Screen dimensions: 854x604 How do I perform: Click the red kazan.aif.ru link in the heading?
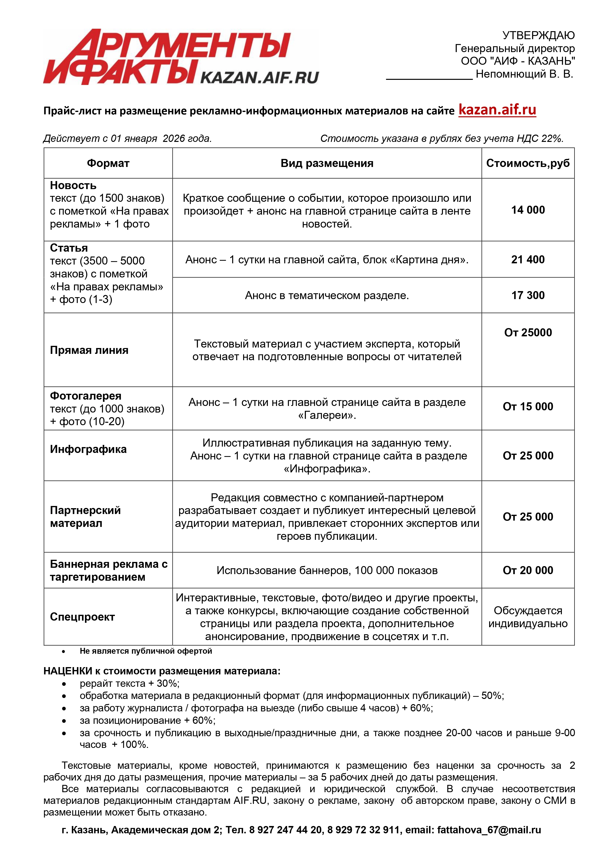pyautogui.click(x=497, y=110)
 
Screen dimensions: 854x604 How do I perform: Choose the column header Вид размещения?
pyautogui.click(x=327, y=163)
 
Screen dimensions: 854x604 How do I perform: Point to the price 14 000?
pyautogui.click(x=528, y=210)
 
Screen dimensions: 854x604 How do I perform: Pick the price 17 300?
pyautogui.click(x=528, y=295)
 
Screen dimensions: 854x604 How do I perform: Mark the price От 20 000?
pyautogui.click(x=528, y=570)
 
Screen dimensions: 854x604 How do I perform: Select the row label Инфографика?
pyautogui.click(x=88, y=449)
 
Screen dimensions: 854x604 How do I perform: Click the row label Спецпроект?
pyautogui.click(x=82, y=617)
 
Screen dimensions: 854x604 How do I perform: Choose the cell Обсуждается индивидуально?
pyautogui.click(x=528, y=617)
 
